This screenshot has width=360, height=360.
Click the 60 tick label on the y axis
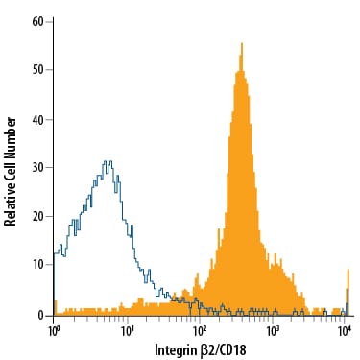point(39,19)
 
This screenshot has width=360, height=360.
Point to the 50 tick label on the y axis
point(39,69)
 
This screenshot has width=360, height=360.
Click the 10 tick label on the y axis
point(39,266)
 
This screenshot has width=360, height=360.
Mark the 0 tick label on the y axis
point(42,315)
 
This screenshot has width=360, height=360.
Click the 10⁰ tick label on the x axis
point(55,330)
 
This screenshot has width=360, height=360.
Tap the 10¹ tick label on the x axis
point(128,330)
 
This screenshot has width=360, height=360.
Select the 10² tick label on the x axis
point(201,330)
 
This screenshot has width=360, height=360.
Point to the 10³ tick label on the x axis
point(274,330)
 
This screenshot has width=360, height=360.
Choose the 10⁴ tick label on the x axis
point(346,330)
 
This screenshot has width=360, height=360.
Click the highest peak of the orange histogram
point(241,44)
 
